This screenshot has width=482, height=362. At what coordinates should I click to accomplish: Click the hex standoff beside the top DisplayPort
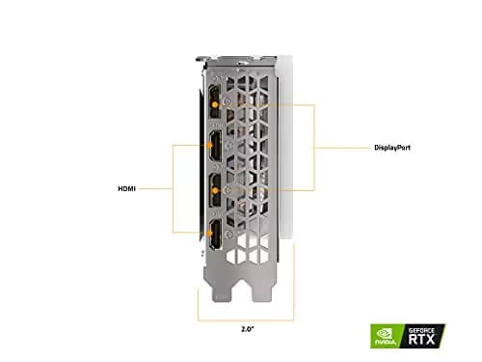pos(224,97)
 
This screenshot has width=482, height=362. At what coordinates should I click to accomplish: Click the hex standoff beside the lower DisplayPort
pos(224,189)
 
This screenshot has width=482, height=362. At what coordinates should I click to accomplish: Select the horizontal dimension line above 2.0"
pos(246,318)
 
